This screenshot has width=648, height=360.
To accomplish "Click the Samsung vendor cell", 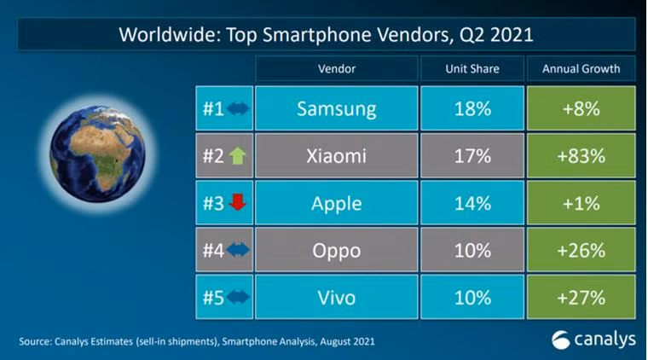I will (x=336, y=109).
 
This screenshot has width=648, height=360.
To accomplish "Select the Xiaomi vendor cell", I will (x=336, y=156).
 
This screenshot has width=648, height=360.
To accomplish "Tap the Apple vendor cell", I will (x=336, y=204).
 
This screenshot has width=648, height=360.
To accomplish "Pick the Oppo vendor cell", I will (x=336, y=251).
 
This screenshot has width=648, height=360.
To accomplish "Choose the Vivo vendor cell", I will (x=336, y=298).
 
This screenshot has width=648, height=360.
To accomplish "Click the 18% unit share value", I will (x=472, y=109).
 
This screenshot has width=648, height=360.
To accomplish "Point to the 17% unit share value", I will (x=472, y=156).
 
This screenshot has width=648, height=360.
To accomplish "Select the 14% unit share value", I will (x=472, y=204).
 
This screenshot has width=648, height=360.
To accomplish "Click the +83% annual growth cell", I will (x=580, y=156).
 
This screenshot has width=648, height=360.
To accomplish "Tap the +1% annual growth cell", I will (x=580, y=204).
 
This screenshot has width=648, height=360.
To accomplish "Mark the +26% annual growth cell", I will (x=580, y=251).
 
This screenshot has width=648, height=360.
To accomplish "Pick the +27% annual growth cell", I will (x=580, y=298).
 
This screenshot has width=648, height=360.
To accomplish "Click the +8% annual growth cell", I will (x=580, y=109).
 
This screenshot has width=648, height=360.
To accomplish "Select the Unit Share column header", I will (x=472, y=68).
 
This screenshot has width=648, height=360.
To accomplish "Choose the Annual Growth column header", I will (x=580, y=68).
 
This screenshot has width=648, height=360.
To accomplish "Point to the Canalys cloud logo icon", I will (x=563, y=339).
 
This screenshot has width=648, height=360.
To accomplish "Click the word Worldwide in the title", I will (x=159, y=36).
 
